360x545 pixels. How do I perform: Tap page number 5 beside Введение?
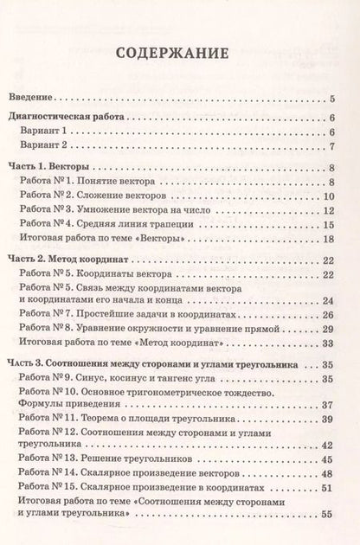333,98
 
